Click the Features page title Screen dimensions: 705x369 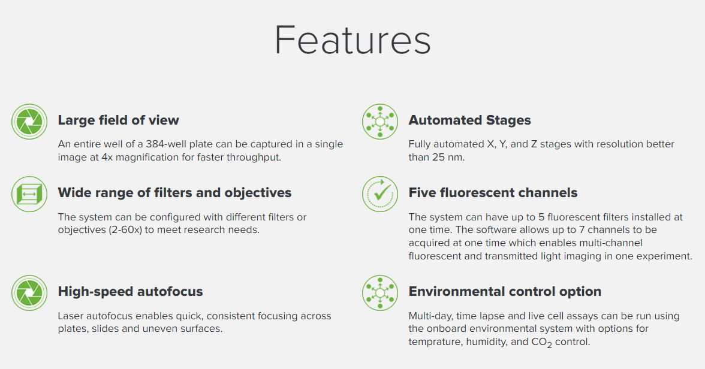tap(352, 41)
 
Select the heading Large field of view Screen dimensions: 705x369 tap(118, 120)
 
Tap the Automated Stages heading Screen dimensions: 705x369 tap(469, 120)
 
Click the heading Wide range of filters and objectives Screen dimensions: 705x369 tap(174, 192)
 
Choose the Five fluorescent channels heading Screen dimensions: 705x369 tap(493, 192)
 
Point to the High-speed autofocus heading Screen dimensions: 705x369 tap(131, 291)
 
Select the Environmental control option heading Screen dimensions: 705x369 tap(505, 291)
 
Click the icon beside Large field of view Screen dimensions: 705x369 tap(29, 122)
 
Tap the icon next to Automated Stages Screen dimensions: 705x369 tap(380, 122)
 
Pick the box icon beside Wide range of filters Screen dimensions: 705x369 tap(29, 194)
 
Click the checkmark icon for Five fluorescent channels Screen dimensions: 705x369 tap(380, 194)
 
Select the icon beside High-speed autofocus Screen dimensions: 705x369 tap(29, 293)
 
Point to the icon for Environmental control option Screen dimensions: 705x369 tap(380, 293)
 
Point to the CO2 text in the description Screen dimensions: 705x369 tap(542, 343)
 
